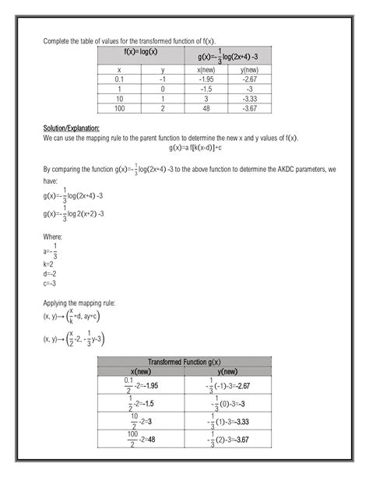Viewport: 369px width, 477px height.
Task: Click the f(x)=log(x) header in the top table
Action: pyautogui.click(x=141, y=52)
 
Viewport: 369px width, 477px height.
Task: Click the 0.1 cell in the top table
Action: pyautogui.click(x=119, y=79)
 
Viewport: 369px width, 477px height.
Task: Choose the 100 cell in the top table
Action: pyautogui.click(x=119, y=107)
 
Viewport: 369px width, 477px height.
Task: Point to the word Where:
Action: pyautogui.click(x=54, y=236)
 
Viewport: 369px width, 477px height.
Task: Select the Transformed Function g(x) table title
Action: pyautogui.click(x=184, y=363)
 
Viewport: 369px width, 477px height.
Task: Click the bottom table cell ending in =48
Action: pyautogui.click(x=141, y=439)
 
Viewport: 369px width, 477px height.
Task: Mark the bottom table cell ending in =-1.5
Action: pyautogui.click(x=141, y=403)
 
